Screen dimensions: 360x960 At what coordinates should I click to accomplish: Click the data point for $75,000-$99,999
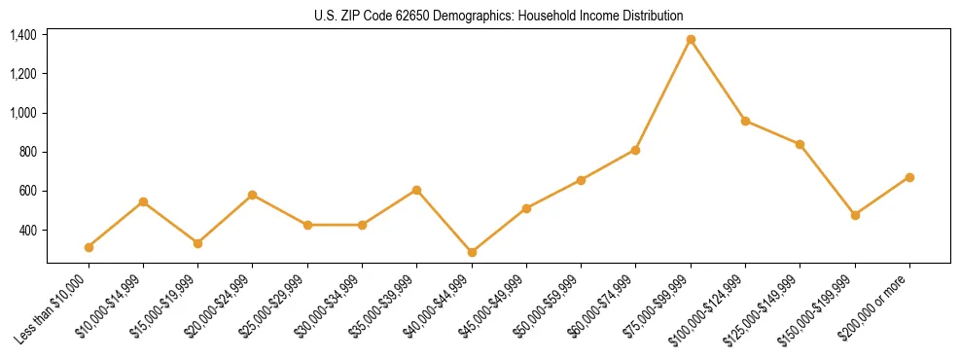(x=691, y=40)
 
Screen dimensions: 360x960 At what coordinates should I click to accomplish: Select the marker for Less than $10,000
(x=89, y=247)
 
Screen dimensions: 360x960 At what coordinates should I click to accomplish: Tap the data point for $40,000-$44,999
(x=472, y=252)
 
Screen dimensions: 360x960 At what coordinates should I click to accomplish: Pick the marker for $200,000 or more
(x=909, y=177)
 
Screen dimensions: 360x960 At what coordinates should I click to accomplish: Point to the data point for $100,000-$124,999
(x=745, y=121)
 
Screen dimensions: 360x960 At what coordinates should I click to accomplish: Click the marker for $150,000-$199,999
(x=855, y=215)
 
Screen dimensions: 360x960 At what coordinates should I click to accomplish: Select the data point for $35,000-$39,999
(x=417, y=190)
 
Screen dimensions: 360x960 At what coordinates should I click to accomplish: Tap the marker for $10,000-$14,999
(x=143, y=201)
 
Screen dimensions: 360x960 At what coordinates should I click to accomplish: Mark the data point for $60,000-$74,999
(x=635, y=150)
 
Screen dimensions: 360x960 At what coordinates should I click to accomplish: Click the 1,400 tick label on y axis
(x=23, y=35)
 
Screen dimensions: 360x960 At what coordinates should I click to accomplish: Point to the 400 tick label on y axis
(x=28, y=231)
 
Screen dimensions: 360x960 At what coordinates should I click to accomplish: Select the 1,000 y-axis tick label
(x=23, y=113)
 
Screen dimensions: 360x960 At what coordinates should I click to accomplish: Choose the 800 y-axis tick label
(x=28, y=152)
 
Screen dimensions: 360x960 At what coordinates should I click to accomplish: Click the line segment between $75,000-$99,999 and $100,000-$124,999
(x=718, y=80)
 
